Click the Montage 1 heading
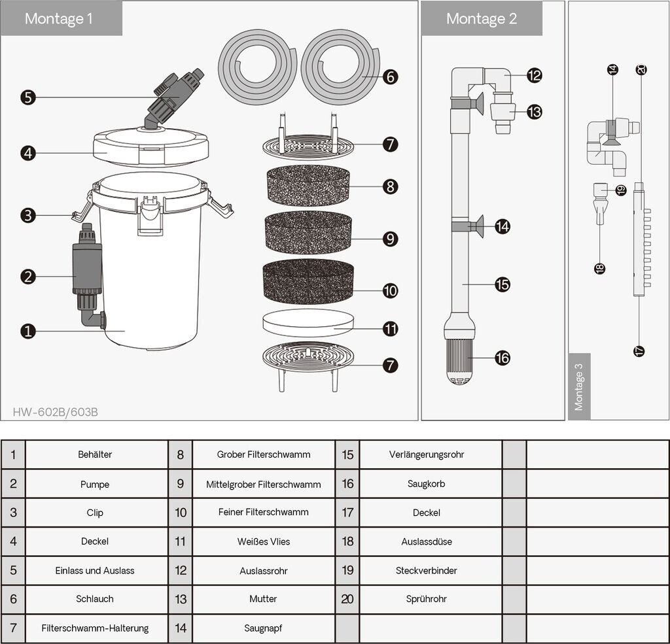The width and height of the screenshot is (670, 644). click(58, 18)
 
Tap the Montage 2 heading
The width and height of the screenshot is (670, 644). click(482, 18)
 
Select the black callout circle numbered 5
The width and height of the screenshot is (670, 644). click(28, 97)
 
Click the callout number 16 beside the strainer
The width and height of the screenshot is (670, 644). click(502, 358)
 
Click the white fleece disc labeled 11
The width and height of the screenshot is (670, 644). click(308, 323)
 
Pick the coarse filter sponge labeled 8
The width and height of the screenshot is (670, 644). click(308, 186)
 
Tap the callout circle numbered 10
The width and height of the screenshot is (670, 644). click(390, 291)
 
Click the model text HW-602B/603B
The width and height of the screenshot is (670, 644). click(55, 412)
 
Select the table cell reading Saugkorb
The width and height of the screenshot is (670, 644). click(427, 483)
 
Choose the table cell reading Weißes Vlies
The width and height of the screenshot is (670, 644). click(264, 541)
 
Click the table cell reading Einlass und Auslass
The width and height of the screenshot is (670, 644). click(95, 571)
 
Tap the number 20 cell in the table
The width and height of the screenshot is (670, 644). click(347, 599)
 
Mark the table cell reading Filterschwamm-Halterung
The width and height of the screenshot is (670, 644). click(95, 628)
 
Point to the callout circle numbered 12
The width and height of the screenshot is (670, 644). click(534, 76)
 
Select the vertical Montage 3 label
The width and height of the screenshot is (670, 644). click(579, 387)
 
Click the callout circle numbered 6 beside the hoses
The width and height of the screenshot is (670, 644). click(390, 77)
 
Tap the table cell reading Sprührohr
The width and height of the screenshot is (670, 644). click(427, 599)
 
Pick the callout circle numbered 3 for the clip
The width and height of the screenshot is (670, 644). click(28, 215)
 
